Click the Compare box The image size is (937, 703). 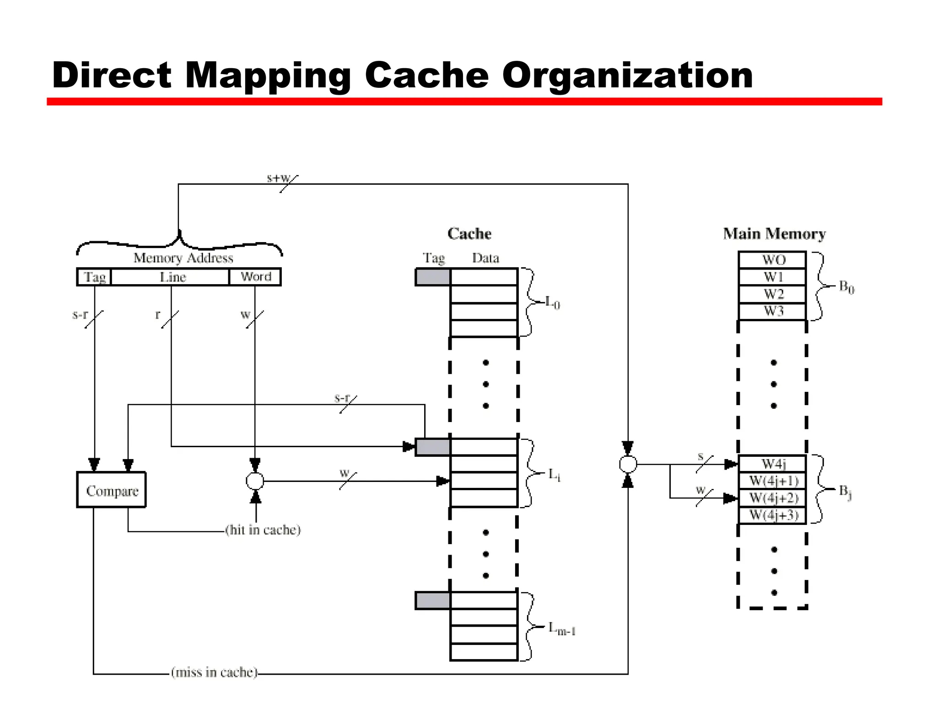pyautogui.click(x=111, y=490)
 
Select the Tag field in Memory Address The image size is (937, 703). pyautogui.click(x=94, y=277)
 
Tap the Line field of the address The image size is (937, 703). pyautogui.click(x=172, y=277)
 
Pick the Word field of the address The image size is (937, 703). pyautogui.click(x=255, y=277)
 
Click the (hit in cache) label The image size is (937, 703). pyautogui.click(x=263, y=530)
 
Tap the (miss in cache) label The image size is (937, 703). pyautogui.click(x=214, y=672)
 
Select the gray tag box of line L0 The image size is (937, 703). pyautogui.click(x=433, y=277)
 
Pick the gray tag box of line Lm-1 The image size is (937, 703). pyautogui.click(x=433, y=600)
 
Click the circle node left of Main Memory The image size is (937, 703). pyautogui.click(x=628, y=464)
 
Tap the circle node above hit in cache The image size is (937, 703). pyautogui.click(x=255, y=481)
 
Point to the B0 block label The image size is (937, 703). pyautogui.click(x=846, y=287)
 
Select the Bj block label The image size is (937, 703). pyautogui.click(x=845, y=492)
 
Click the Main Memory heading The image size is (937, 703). pyautogui.click(x=774, y=234)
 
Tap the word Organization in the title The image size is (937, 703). pyautogui.click(x=627, y=76)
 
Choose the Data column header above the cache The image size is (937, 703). pyautogui.click(x=485, y=258)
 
